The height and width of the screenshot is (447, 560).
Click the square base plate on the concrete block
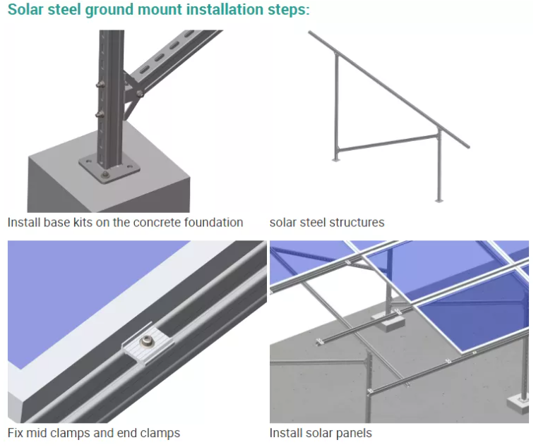109,168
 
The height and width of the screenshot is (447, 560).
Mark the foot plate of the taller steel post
439,200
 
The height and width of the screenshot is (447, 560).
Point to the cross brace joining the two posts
385,143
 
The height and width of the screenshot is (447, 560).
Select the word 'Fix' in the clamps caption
16,433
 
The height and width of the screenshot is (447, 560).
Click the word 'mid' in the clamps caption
38,433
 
